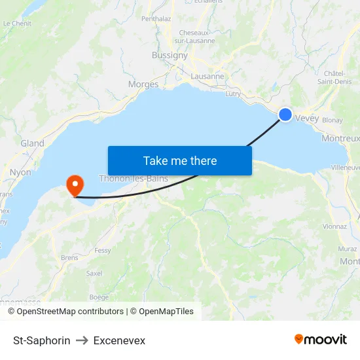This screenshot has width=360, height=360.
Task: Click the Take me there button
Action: [180, 160]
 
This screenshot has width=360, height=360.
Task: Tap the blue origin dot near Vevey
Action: [285, 115]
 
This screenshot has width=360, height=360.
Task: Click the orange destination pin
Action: [75, 184]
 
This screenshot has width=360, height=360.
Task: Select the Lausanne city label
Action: [207, 77]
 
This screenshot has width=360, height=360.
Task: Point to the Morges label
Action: [143, 84]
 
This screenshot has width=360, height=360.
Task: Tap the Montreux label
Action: [341, 139]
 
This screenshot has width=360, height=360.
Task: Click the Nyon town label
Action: [20, 172]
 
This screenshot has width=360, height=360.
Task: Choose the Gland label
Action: [32, 143]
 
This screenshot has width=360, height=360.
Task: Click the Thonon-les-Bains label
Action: [134, 178]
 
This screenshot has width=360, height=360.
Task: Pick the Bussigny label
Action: [170, 56]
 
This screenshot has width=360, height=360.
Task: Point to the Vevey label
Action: [306, 118]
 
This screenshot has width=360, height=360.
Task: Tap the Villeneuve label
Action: [345, 168]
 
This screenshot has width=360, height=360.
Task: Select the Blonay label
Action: [333, 120]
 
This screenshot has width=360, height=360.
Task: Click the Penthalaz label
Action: [156, 19]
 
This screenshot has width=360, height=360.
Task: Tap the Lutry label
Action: [232, 94]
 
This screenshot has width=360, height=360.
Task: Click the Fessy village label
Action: [103, 250]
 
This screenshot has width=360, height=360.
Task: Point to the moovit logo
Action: [321, 339]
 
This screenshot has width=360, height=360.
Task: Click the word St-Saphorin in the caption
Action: [42, 340]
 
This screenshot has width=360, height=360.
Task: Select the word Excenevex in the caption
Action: [119, 340]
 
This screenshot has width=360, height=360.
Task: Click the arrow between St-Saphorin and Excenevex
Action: [82, 340]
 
